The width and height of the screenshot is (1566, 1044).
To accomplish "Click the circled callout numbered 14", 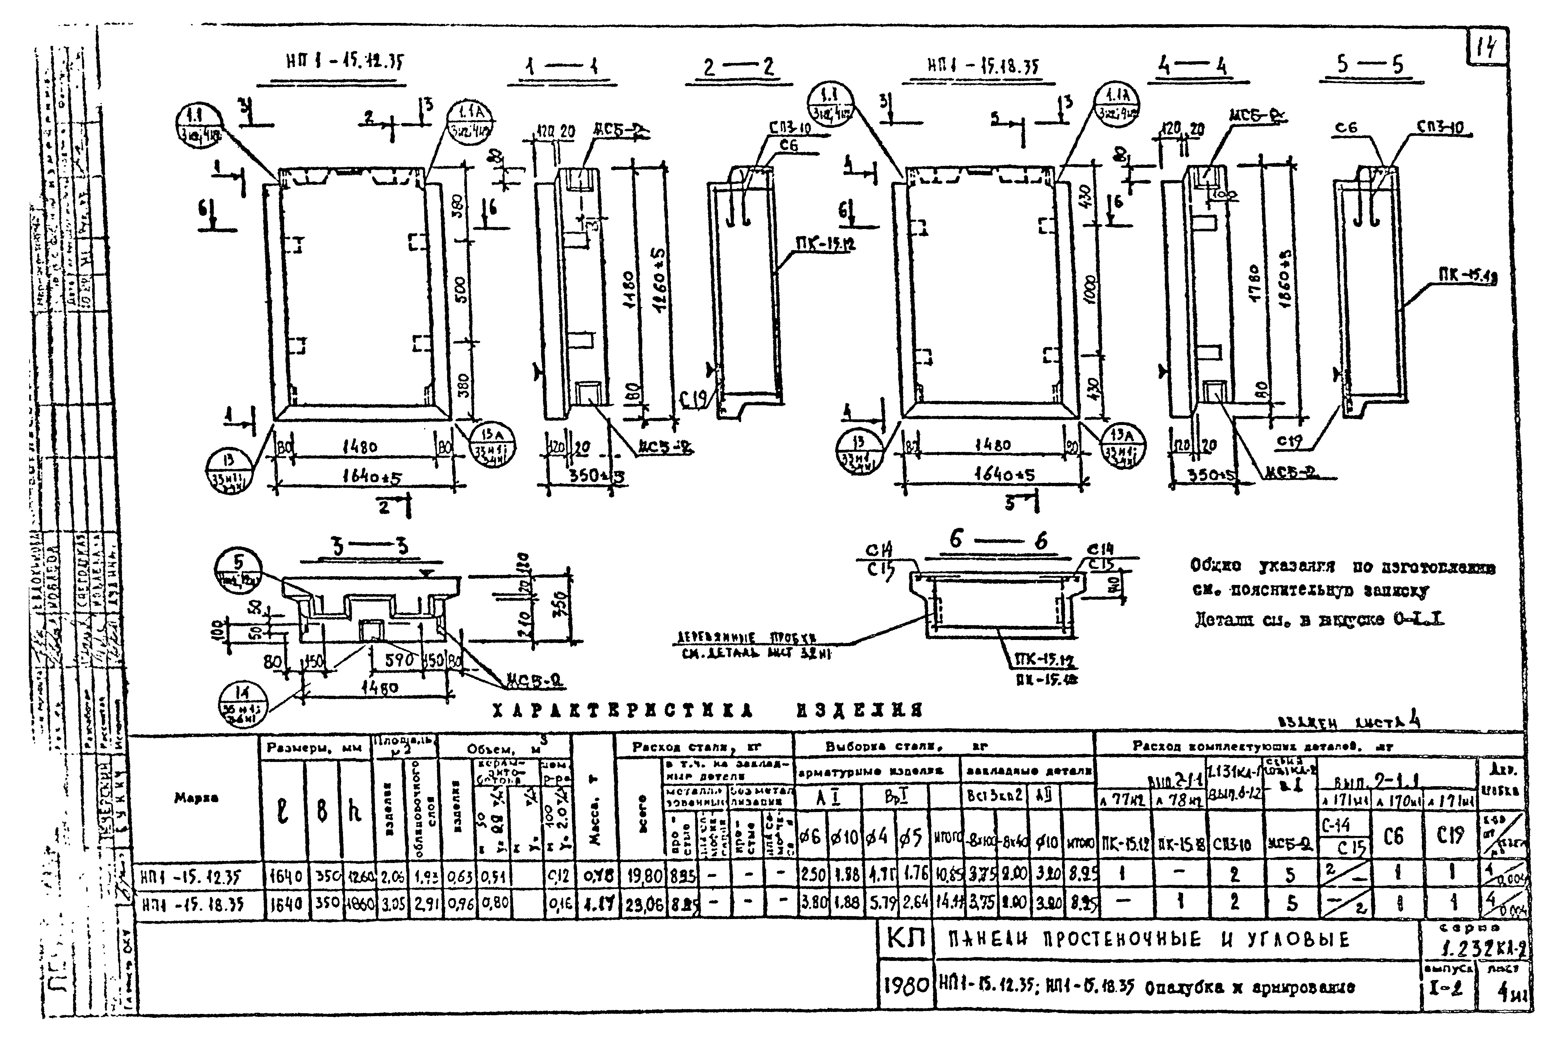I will coord(242,704).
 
